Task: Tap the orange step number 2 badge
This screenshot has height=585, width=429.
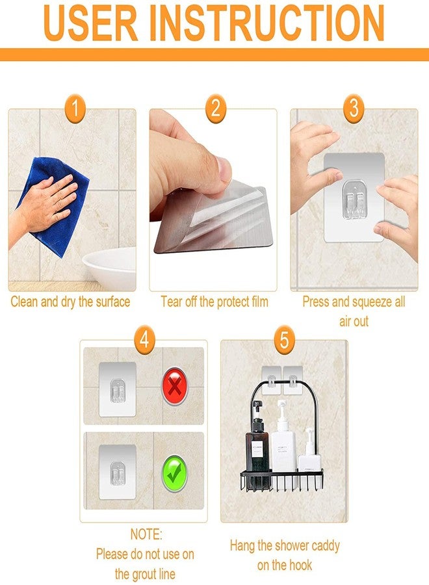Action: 215,109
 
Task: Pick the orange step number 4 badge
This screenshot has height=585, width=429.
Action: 144,339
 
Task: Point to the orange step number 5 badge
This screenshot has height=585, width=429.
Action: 284,339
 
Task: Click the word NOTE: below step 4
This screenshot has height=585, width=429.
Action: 145,535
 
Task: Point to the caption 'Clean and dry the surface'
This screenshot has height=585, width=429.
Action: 71,302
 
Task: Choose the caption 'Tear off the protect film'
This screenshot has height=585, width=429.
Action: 214,302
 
